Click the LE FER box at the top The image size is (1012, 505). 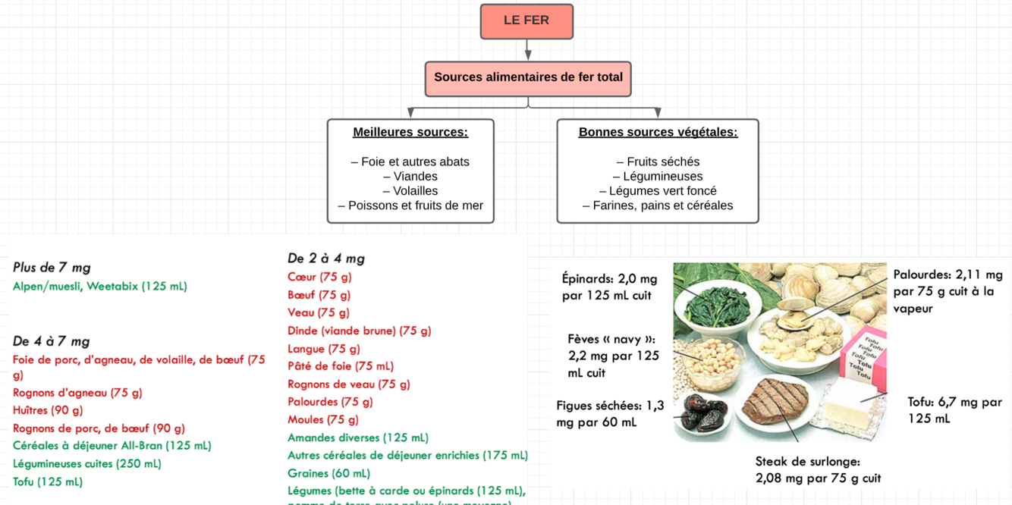(526, 21)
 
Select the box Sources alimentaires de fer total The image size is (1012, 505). (528, 78)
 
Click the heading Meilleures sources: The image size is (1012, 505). (410, 132)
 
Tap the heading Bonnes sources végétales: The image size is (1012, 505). (658, 132)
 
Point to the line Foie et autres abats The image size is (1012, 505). (410, 162)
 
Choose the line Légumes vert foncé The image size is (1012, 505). (658, 191)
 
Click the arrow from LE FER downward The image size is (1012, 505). (527, 50)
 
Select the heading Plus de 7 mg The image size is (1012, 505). (52, 268)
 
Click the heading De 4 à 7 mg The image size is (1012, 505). (52, 341)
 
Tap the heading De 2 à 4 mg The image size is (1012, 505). (326, 259)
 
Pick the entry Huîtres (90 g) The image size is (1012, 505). (48, 410)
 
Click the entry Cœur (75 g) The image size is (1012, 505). (319, 277)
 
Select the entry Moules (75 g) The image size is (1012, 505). (323, 419)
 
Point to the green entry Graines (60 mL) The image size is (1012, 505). (328, 473)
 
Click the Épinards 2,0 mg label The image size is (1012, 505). (610, 287)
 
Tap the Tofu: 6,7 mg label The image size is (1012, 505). (954, 410)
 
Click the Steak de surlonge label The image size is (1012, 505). (818, 469)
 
